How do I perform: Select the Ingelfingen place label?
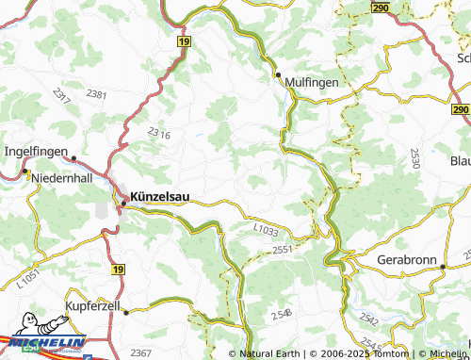(36, 149)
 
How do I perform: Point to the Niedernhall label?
(65, 178)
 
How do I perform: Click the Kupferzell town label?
(95, 307)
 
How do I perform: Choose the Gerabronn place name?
(406, 258)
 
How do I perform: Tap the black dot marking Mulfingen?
(279, 74)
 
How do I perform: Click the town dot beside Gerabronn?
(442, 268)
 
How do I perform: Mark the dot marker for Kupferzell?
(124, 308)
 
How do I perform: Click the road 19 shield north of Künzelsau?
(183, 42)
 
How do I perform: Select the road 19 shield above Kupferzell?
(117, 270)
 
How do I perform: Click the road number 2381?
(96, 95)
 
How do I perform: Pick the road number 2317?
(62, 95)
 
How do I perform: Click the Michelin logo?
(44, 345)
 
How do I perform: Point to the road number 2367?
(141, 352)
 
